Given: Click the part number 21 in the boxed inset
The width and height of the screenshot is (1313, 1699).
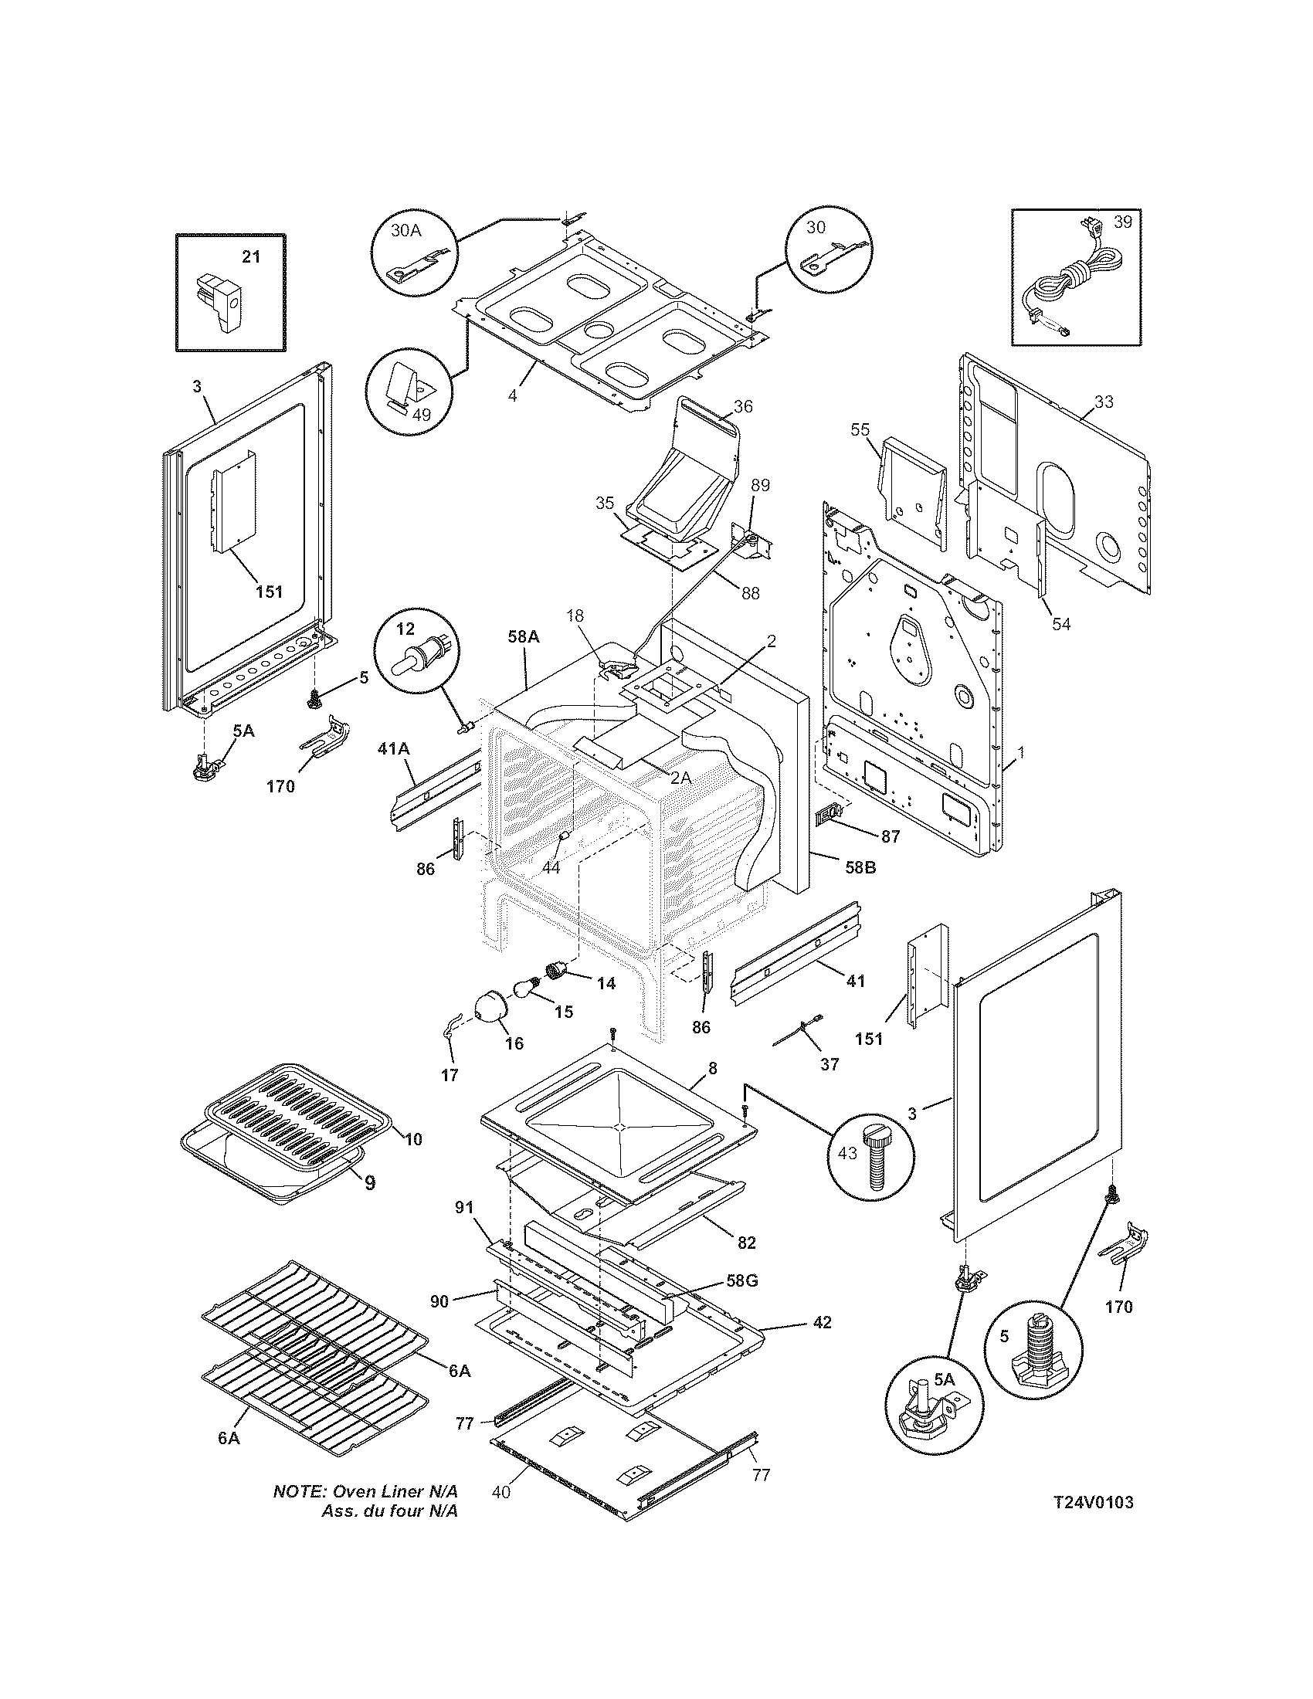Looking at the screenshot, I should click(x=250, y=256).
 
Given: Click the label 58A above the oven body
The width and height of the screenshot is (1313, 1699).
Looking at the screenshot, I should click(x=523, y=636).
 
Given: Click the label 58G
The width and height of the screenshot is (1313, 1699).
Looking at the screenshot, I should click(x=742, y=1280).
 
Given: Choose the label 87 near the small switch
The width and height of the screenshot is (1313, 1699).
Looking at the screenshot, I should click(x=890, y=836).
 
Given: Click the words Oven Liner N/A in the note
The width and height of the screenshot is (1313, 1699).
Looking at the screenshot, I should click(x=395, y=1491).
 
